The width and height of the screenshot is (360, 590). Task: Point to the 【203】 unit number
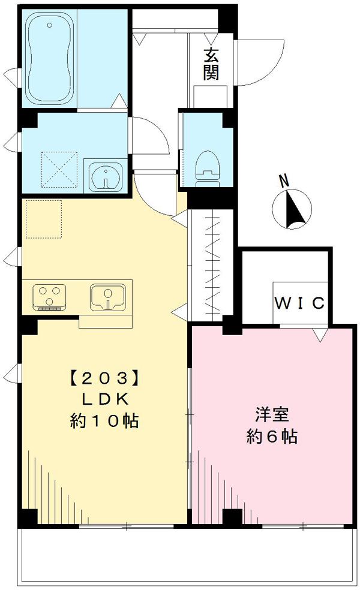(x=105, y=378)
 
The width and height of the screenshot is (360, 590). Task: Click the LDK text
(x=105, y=399)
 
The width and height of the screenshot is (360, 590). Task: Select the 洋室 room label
(x=272, y=415)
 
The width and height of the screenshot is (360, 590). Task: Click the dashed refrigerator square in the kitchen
(x=43, y=219)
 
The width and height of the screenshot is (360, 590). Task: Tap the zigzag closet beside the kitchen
(x=212, y=265)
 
